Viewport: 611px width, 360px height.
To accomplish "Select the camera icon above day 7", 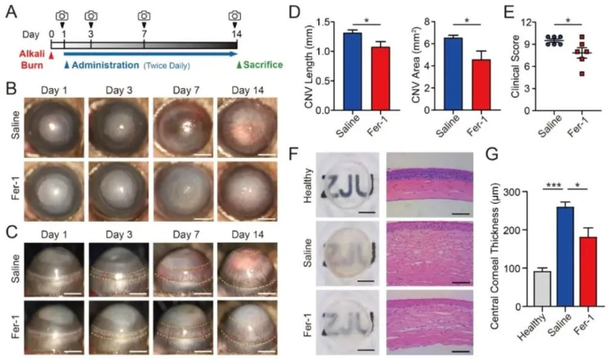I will tap(145, 17).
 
